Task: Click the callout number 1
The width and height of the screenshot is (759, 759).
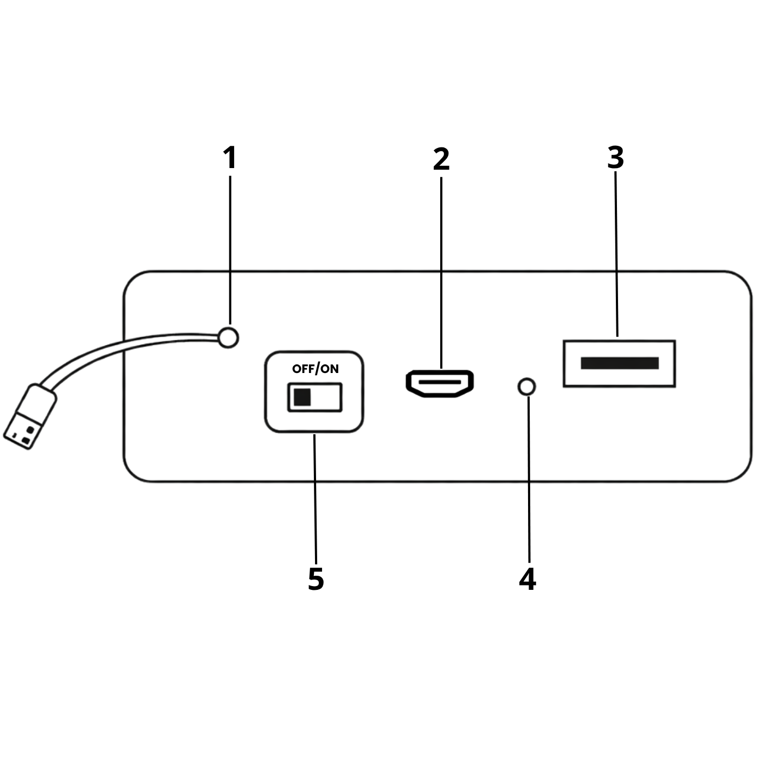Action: click(230, 158)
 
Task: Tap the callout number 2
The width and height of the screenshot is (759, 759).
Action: click(441, 159)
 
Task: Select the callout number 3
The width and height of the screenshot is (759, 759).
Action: click(616, 158)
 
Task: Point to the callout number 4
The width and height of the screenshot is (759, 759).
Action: click(528, 579)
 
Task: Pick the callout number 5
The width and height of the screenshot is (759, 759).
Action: click(316, 579)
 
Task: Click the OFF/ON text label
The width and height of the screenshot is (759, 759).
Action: click(315, 369)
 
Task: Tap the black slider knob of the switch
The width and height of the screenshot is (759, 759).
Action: click(302, 397)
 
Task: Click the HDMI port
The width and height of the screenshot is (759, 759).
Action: click(440, 383)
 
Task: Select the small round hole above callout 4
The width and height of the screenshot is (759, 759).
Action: click(526, 387)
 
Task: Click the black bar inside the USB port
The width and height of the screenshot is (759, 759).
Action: click(620, 363)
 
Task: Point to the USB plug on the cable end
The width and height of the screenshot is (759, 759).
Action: click(30, 416)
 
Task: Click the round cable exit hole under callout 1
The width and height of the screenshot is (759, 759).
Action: click(228, 338)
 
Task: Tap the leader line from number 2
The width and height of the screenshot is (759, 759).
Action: click(441, 273)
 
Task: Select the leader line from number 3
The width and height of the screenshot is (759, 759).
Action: click(616, 254)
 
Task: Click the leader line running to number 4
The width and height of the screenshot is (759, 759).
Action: click(529, 479)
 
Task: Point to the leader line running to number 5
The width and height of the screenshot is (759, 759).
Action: click(315, 499)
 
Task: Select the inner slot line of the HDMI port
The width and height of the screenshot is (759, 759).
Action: click(440, 382)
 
